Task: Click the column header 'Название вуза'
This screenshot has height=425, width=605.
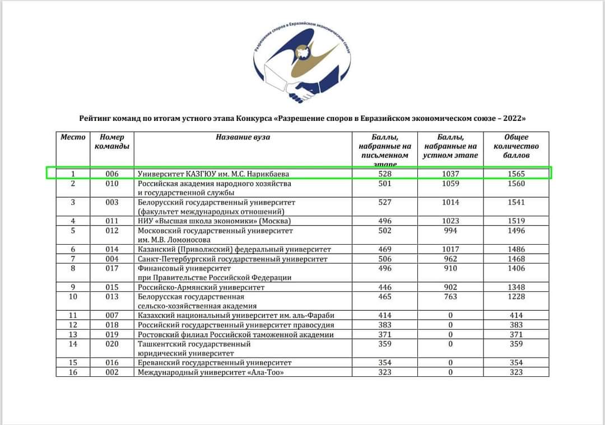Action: (243, 137)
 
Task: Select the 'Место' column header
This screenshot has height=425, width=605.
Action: (73, 137)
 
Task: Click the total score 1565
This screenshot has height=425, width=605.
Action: (516, 174)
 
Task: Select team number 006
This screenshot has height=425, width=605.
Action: (112, 174)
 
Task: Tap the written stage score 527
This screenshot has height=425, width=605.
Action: (385, 202)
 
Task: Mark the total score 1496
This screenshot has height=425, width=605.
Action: (516, 231)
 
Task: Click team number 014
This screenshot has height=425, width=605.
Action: (112, 249)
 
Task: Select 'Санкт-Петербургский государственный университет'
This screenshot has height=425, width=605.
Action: (232, 259)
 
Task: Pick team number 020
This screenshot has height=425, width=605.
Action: (112, 344)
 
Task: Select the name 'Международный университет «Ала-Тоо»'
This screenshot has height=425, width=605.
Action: (207, 372)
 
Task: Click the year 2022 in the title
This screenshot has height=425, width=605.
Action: (513, 119)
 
